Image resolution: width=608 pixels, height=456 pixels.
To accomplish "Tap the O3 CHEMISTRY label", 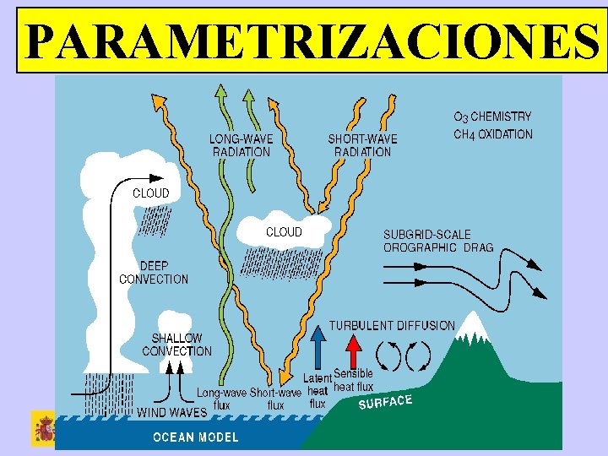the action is (492, 117).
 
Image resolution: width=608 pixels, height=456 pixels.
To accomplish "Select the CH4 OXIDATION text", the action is (493, 134).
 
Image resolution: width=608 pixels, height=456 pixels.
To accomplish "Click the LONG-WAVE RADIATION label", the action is (241, 145).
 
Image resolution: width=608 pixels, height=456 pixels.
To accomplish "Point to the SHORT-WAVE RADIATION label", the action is (362, 145).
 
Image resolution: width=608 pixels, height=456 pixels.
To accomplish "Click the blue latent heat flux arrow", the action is (318, 348).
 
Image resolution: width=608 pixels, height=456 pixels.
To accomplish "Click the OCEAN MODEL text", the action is (195, 437).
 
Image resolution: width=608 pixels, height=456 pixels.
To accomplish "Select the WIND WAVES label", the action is (172, 413).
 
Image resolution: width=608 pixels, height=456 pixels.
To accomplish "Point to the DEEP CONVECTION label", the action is (154, 272).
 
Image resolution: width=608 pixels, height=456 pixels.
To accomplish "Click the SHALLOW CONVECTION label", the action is (176, 345).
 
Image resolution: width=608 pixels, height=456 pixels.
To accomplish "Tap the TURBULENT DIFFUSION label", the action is (392, 325).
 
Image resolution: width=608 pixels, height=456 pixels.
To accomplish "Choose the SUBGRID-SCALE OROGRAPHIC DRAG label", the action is (438, 241).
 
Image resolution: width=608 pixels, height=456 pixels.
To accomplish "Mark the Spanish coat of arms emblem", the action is (43, 430).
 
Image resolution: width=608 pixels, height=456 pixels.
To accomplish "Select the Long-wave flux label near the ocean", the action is (221, 398).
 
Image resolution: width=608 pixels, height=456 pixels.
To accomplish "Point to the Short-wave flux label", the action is (275, 399).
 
